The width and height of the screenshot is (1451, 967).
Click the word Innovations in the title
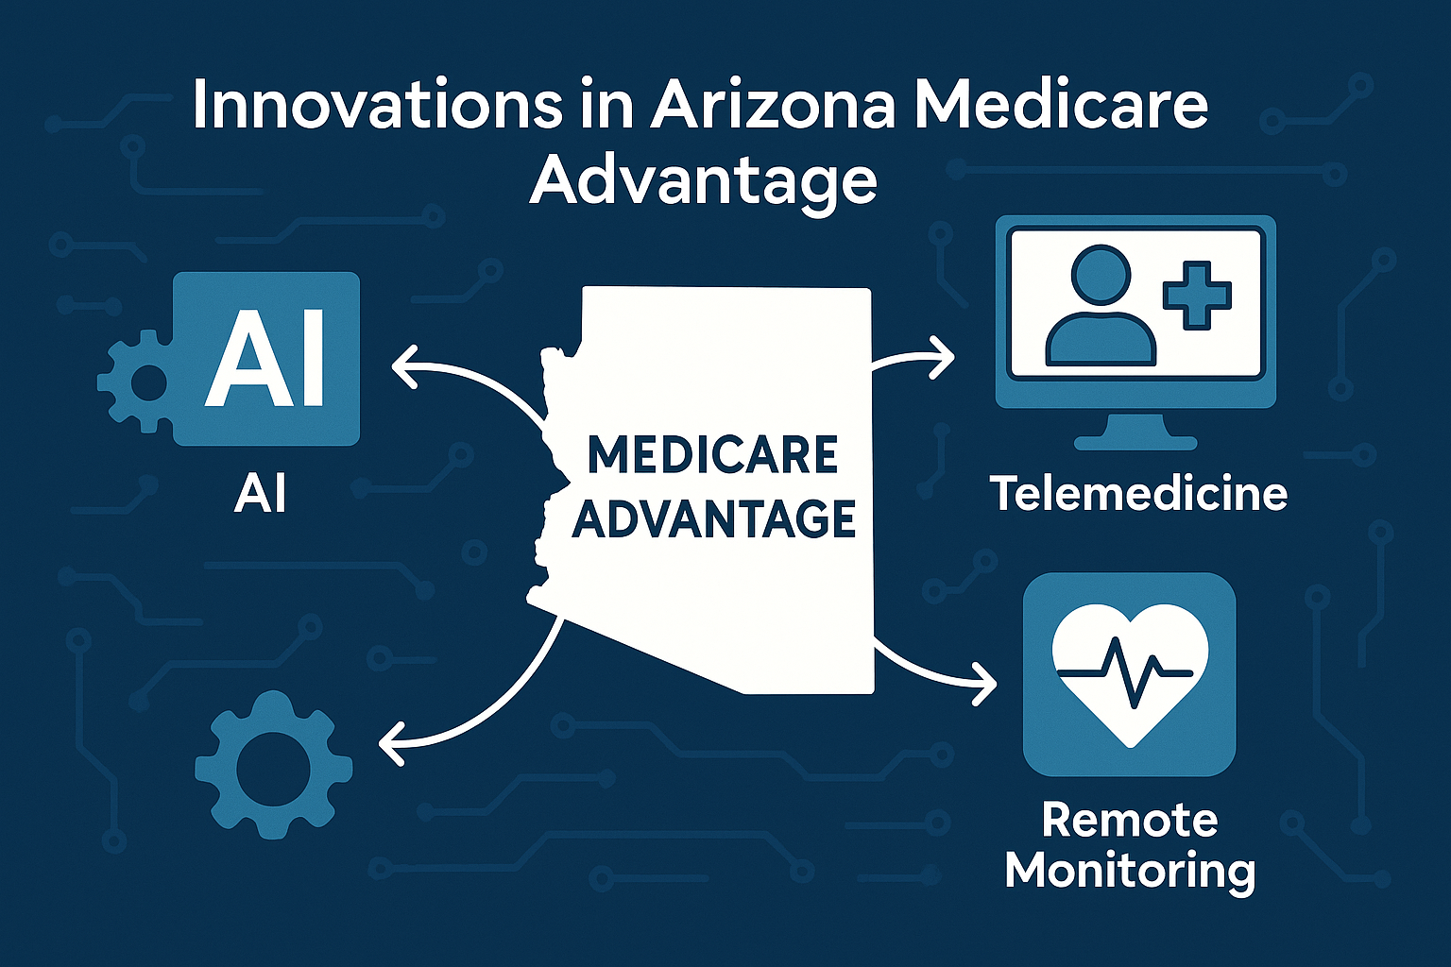[x=376, y=105]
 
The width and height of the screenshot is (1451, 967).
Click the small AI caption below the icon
[x=260, y=494]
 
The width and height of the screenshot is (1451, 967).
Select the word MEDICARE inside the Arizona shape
[x=712, y=455]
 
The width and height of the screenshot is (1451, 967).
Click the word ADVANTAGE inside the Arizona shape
[x=714, y=519]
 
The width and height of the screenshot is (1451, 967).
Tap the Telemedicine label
[x=1138, y=494]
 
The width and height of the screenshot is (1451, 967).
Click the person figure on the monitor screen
[x=1101, y=307]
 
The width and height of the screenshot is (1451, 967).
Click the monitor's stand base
[x=1135, y=440]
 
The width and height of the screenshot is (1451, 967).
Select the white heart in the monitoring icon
[x=1130, y=670]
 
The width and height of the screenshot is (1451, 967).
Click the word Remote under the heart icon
[x=1129, y=820]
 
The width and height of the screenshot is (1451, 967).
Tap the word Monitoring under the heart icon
[x=1130, y=870]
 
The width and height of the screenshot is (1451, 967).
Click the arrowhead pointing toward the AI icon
[x=403, y=367]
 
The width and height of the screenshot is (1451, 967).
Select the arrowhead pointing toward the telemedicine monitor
[x=944, y=357]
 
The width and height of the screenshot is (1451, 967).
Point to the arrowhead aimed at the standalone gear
[x=391, y=742]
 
